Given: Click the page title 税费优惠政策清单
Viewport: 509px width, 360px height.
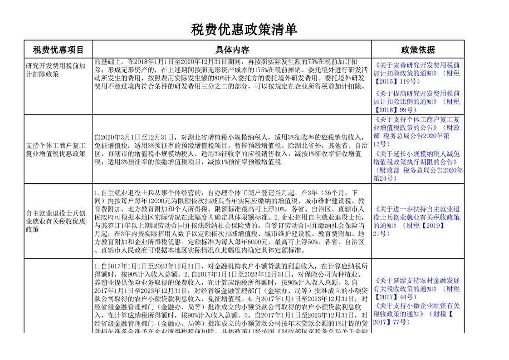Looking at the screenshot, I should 244,30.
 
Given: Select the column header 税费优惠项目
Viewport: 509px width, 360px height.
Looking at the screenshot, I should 58,49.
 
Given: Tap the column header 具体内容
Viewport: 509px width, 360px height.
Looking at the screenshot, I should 232,49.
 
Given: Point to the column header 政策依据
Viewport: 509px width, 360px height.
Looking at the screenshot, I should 417,49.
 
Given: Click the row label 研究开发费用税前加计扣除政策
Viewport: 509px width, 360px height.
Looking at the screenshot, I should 56,69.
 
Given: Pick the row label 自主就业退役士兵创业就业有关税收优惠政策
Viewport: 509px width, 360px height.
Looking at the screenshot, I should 56,221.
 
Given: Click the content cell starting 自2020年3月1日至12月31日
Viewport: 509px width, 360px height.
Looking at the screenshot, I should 231,149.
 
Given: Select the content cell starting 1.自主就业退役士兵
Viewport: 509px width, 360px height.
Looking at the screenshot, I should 231,221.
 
